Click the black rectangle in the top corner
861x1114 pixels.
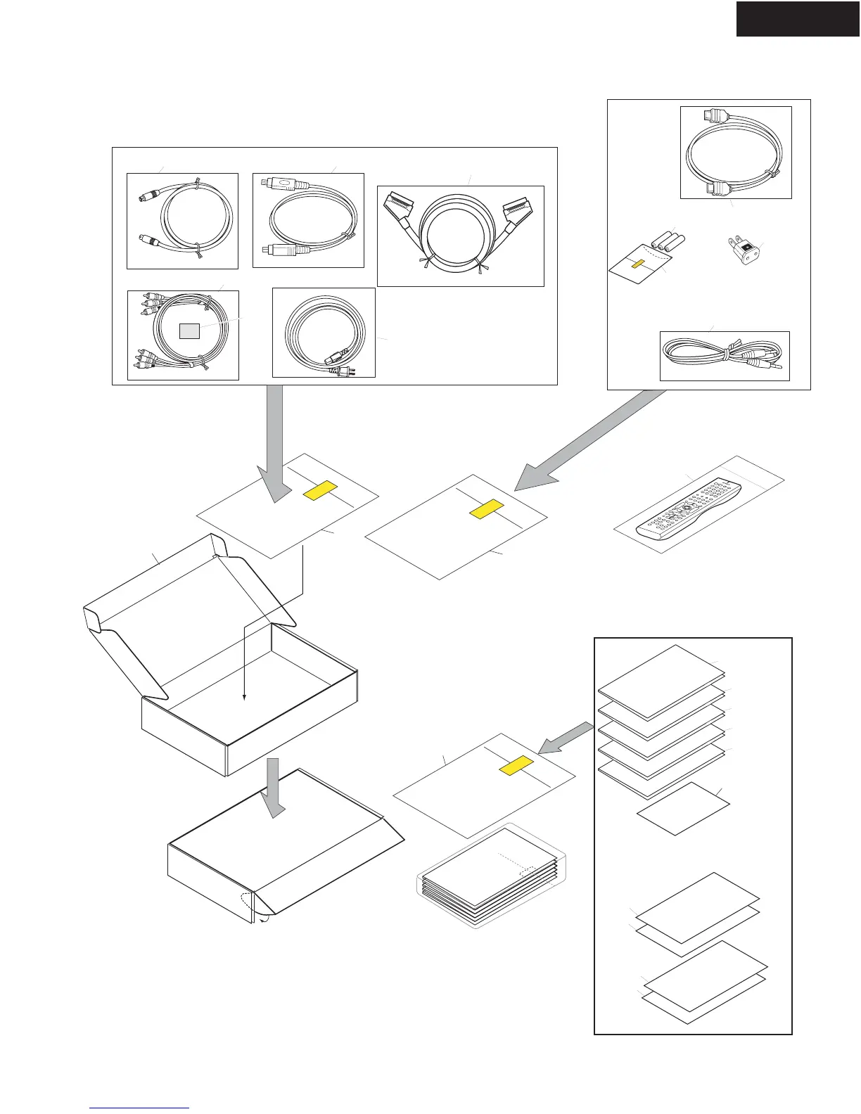coord(798,18)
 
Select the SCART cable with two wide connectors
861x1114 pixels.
coord(461,236)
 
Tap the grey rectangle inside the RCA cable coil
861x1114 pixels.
coord(189,331)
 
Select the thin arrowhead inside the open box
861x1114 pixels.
coord(244,697)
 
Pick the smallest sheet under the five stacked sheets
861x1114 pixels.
coord(683,808)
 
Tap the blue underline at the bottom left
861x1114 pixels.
coord(140,1108)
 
